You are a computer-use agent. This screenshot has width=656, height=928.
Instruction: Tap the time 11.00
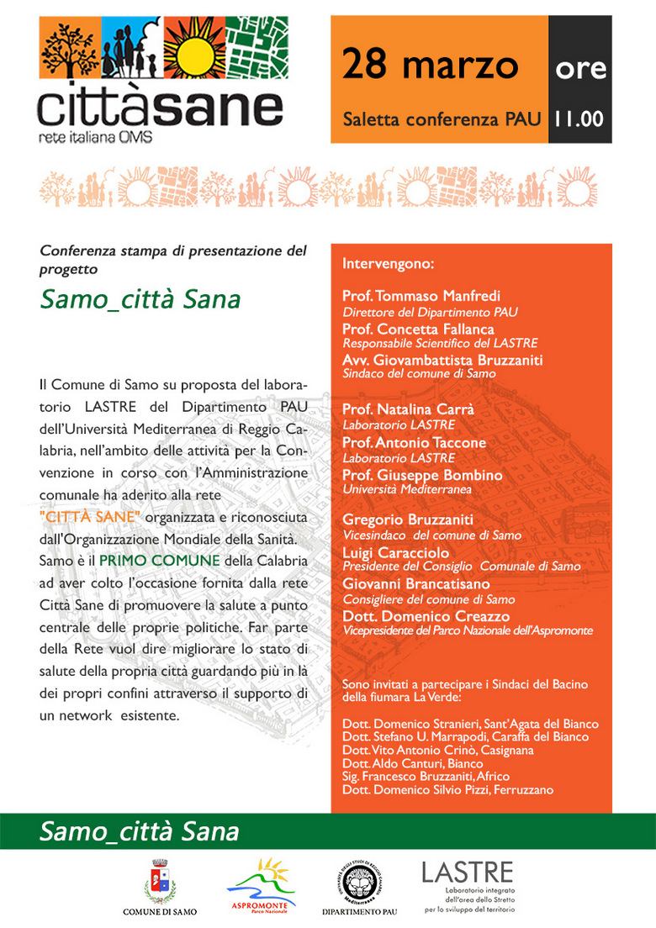579,119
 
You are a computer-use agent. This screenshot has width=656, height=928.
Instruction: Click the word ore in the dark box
580,67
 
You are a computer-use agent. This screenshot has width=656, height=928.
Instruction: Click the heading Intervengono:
388,264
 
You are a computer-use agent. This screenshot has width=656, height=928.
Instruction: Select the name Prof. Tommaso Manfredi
421,296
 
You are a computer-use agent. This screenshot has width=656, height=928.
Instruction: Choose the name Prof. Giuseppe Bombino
422,475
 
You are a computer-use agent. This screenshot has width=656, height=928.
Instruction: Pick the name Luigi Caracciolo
395,552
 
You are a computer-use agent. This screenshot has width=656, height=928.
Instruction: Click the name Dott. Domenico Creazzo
426,616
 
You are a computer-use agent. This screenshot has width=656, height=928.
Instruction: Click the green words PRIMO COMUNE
160,560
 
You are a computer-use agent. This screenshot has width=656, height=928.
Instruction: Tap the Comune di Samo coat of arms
160,881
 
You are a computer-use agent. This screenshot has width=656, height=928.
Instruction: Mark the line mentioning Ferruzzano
447,790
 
